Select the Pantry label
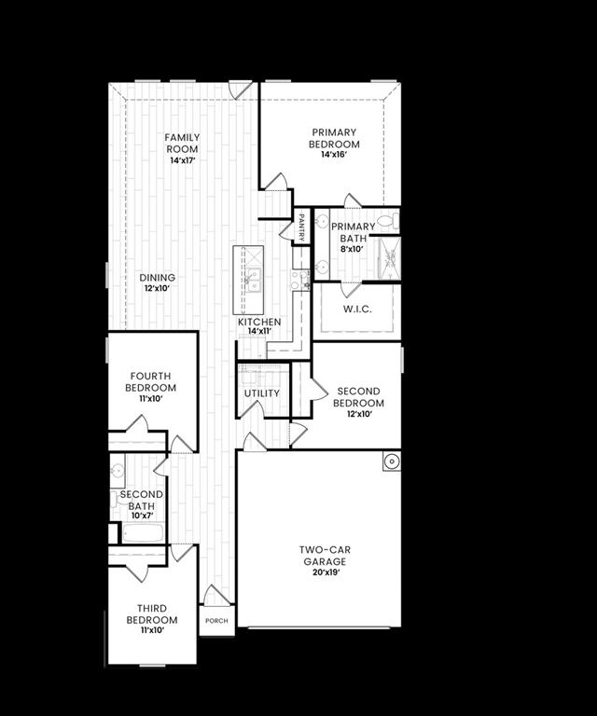point(302,227)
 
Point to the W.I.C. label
point(357,309)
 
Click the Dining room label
point(158,277)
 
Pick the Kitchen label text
point(258,322)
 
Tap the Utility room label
point(262,392)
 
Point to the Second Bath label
point(142,500)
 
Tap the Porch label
point(216,621)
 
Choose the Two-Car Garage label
point(325,556)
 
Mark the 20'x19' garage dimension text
point(325,573)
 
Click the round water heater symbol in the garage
point(390,461)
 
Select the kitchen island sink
point(253,279)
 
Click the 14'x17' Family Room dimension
point(183,161)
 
